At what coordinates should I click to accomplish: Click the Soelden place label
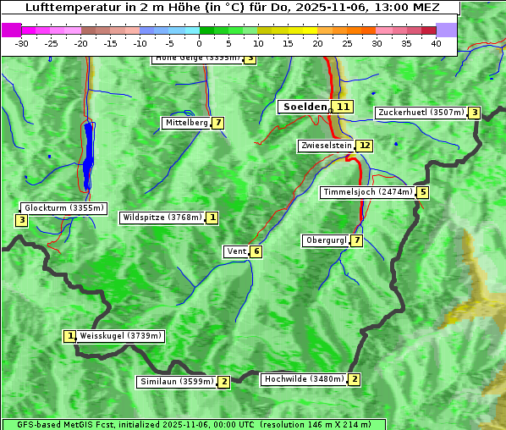[304, 107]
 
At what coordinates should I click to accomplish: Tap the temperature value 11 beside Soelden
[343, 107]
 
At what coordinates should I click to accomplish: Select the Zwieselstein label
[326, 146]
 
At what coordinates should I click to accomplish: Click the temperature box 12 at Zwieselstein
[364, 146]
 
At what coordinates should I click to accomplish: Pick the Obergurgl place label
[326, 241]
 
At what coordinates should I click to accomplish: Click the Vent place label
[236, 251]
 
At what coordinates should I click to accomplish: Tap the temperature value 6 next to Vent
[256, 251]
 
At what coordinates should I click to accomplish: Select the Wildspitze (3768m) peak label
[162, 218]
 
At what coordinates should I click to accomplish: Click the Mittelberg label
[185, 123]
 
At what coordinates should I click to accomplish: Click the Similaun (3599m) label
[176, 382]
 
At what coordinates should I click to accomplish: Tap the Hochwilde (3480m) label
[303, 379]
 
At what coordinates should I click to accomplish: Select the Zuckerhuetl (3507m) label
[421, 113]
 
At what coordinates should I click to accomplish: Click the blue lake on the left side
[88, 152]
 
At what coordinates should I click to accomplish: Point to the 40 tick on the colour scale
[436, 42]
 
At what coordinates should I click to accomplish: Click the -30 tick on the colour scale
[22, 42]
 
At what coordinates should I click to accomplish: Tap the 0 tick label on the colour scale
[200, 42]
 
